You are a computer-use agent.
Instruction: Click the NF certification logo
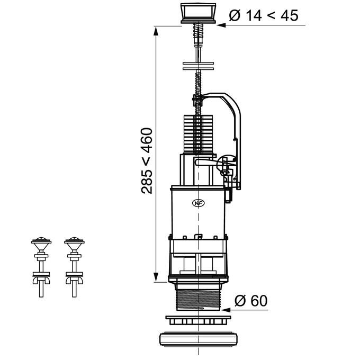pyautogui.click(x=199, y=203)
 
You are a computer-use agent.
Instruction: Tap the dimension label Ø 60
pyautogui.click(x=251, y=301)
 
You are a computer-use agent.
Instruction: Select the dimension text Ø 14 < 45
pyautogui.click(x=264, y=15)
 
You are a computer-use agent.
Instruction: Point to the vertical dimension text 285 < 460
pyautogui.click(x=147, y=161)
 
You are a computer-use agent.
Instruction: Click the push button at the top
pyautogui.click(x=199, y=13)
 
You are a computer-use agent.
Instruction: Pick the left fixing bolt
pyautogui.click(x=41, y=267)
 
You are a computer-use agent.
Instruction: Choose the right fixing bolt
pyautogui.click(x=74, y=267)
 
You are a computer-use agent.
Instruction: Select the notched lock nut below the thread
pyautogui.click(x=198, y=320)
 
